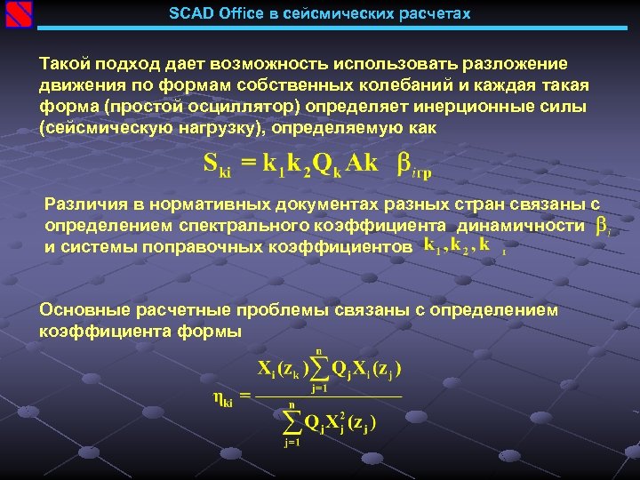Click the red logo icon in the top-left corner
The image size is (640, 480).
coord(18,15)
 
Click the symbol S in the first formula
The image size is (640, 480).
coord(212,162)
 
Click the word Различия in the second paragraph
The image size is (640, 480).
coord(83,205)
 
